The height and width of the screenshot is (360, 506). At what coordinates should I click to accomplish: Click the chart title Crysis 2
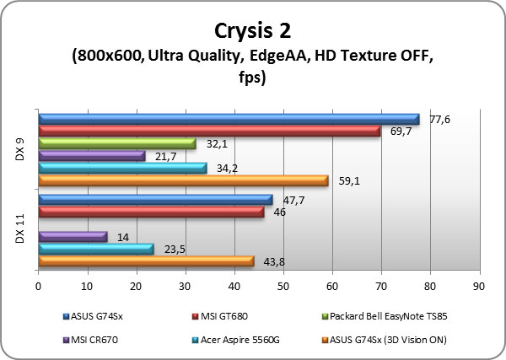tap(254, 30)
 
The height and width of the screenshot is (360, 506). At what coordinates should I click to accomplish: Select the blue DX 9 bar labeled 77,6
tap(228, 119)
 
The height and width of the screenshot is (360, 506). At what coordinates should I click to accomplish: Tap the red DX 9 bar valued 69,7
tap(208, 131)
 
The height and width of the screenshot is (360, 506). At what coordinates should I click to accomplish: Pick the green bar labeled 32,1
tap(116, 143)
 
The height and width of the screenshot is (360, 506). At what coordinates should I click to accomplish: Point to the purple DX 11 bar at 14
tap(73, 237)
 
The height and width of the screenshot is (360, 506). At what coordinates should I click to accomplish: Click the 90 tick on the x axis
tap(480, 287)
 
